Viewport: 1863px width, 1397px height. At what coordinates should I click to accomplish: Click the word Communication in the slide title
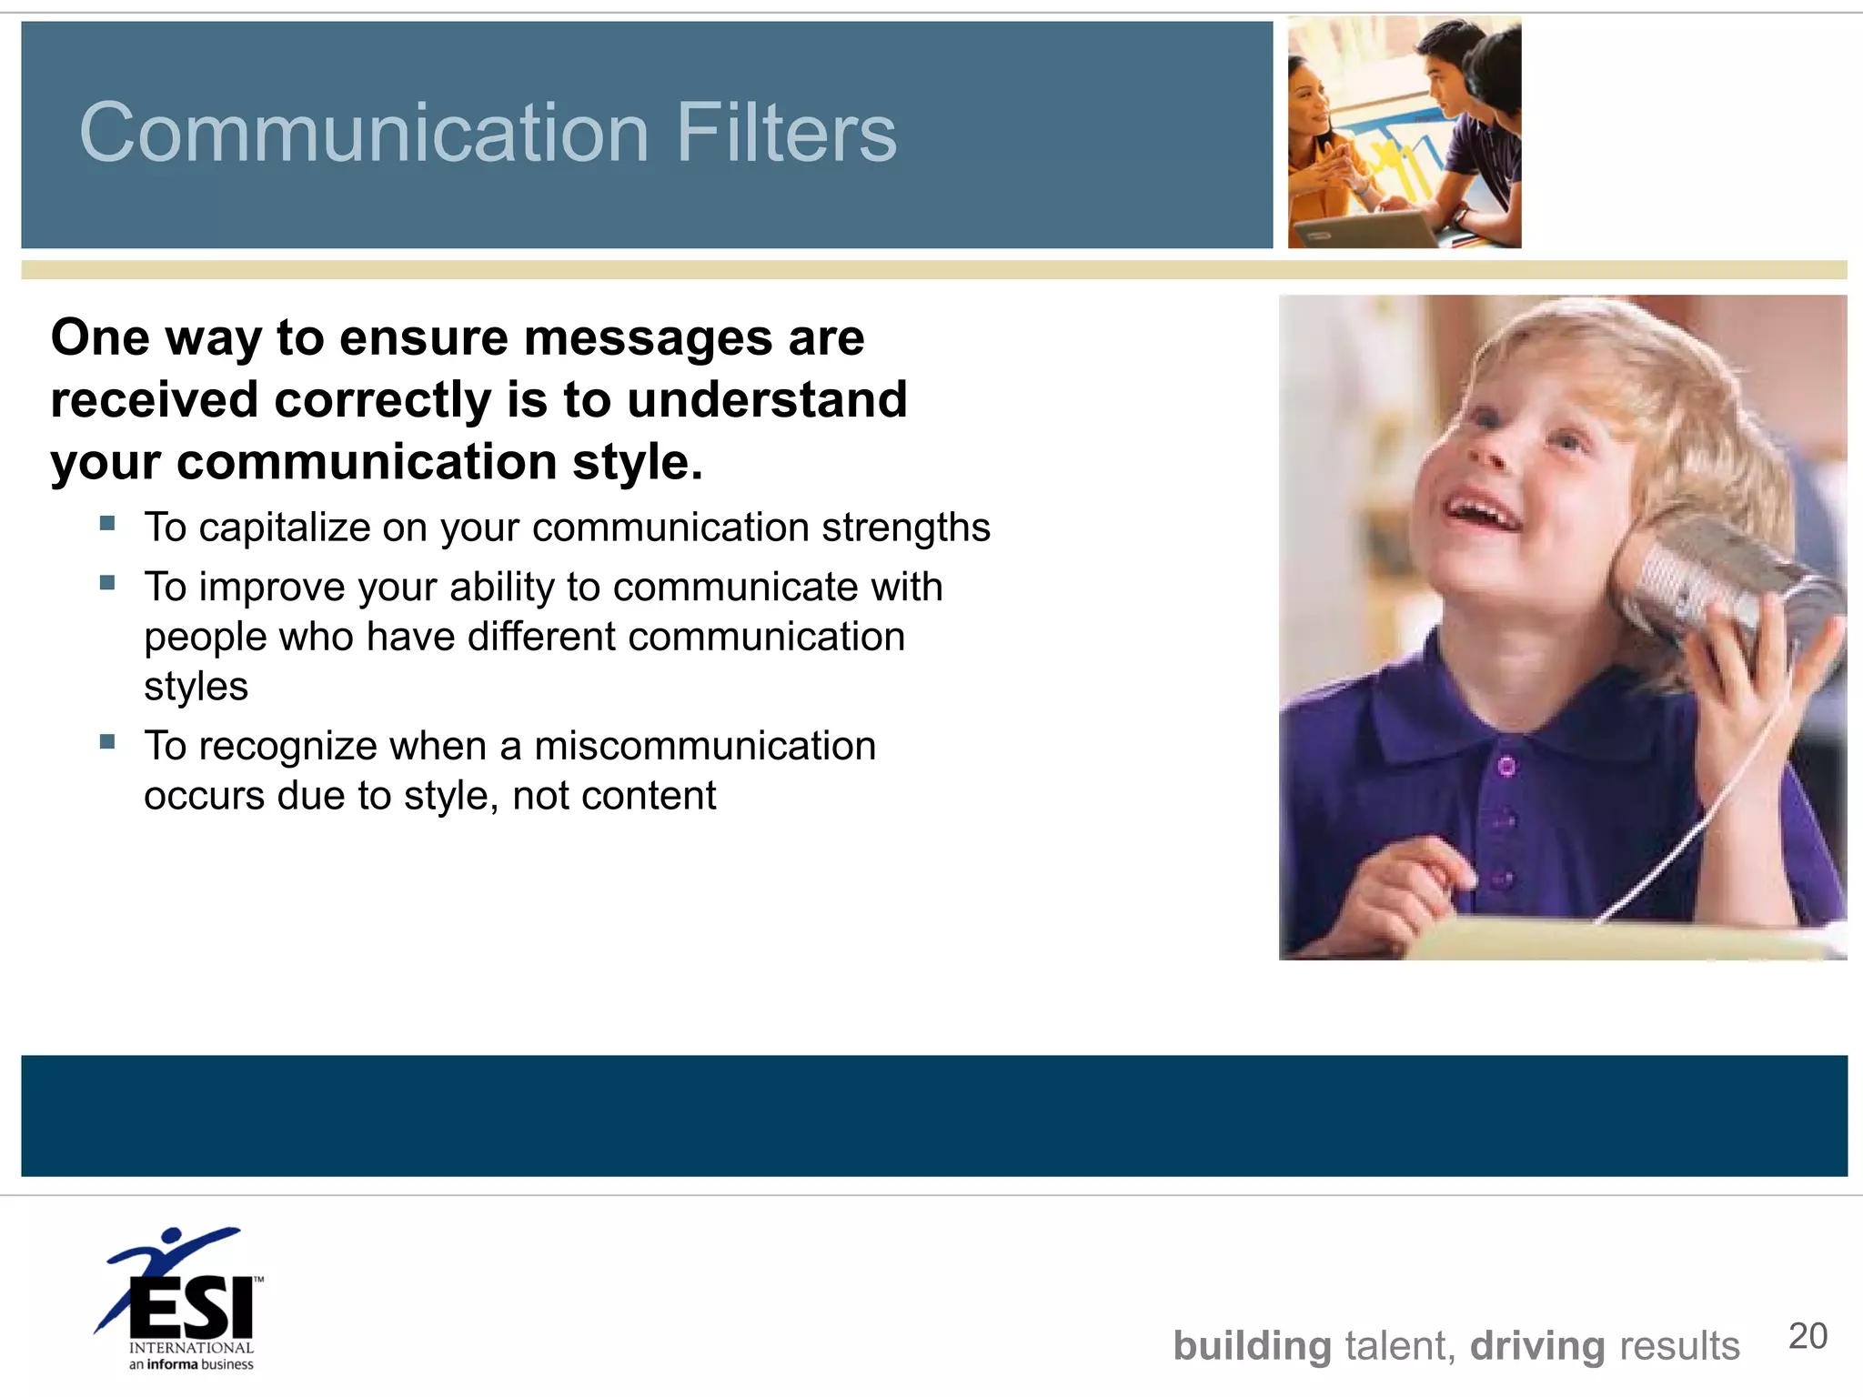tap(364, 133)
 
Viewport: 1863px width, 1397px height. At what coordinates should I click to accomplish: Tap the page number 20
tap(1808, 1336)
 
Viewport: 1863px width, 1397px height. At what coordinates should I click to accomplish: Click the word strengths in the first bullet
tap(906, 528)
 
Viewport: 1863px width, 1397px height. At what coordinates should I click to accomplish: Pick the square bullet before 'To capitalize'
tap(107, 523)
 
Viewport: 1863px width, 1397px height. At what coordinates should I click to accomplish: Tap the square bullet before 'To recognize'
tap(107, 741)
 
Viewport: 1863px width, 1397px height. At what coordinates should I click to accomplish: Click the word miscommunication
tap(705, 746)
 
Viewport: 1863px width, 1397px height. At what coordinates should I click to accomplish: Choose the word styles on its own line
tap(196, 687)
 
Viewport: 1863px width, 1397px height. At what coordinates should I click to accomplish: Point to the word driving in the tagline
tap(1537, 1346)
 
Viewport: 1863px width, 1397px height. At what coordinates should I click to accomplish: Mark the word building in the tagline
tap(1252, 1346)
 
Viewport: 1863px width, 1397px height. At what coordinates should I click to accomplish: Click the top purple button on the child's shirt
tap(1506, 767)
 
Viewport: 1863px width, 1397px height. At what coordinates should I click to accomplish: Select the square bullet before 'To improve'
tap(107, 583)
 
